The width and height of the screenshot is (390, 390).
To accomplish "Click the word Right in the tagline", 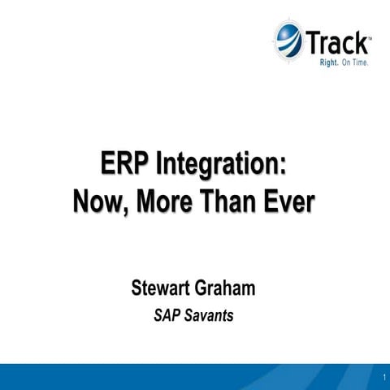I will coord(318,61).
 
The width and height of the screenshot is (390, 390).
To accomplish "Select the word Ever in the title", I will coord(288,199).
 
